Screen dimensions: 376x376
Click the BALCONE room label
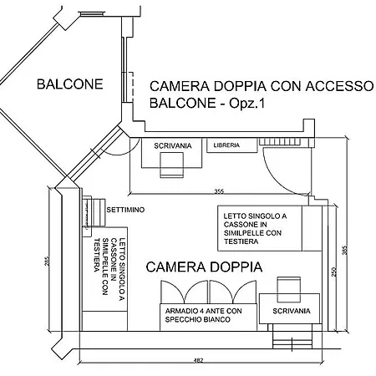coord(70,84)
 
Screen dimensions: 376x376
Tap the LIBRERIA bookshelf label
coord(226,145)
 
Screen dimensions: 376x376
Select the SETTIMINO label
coord(125,210)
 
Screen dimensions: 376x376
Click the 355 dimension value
coord(219,191)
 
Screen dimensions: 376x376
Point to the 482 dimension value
coord(198,360)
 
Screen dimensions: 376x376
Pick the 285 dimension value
coord(47,261)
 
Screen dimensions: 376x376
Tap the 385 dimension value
coord(344,250)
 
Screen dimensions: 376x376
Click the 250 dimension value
coord(334,272)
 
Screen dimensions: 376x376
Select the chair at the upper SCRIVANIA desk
coord(171,165)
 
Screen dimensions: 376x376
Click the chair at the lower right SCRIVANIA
coord(289,290)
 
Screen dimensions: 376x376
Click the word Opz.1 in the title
coord(246,104)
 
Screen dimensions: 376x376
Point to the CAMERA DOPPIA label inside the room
coord(204,267)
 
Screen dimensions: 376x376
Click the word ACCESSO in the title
coord(339,86)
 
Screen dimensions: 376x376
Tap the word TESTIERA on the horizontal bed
coord(241,241)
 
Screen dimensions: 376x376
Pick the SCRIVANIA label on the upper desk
coord(173,145)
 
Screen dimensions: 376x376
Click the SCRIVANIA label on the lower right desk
coord(292,311)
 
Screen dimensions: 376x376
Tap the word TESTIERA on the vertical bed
coord(97,255)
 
